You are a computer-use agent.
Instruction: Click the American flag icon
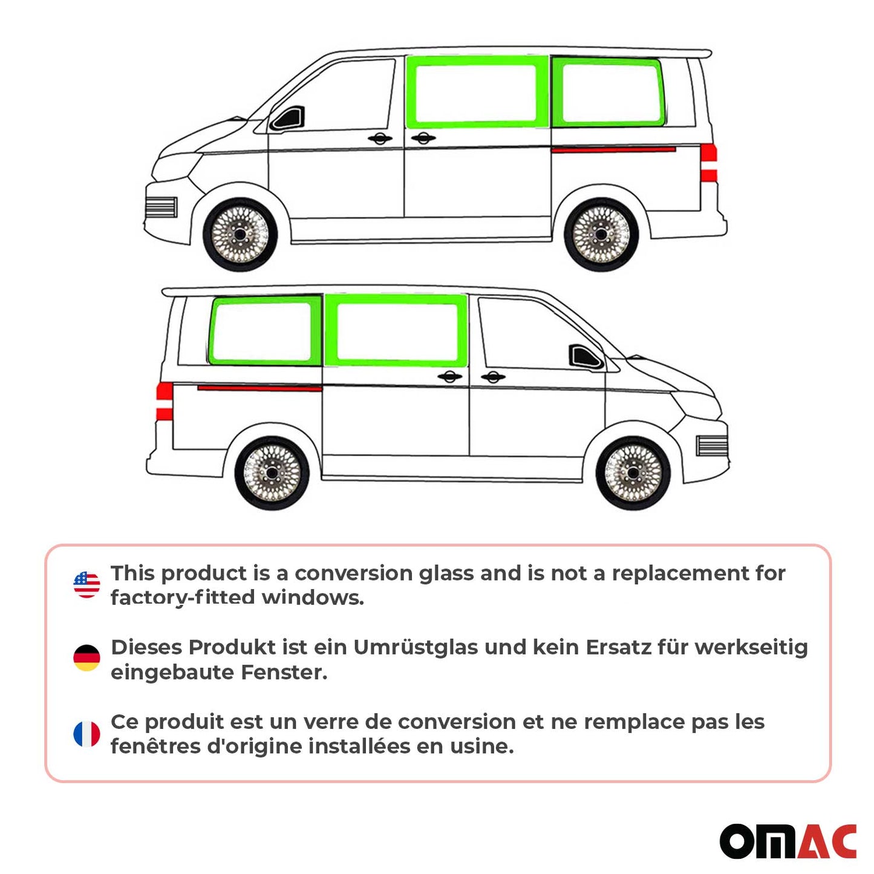point(86,585)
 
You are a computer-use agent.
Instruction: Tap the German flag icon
point(86,658)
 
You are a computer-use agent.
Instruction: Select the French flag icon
point(86,734)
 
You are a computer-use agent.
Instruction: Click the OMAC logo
point(788,841)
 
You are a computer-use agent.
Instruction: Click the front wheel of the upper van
point(240,235)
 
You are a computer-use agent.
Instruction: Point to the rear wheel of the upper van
point(601,235)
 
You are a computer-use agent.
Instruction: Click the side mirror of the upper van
point(289,119)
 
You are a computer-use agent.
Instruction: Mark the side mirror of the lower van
point(585,357)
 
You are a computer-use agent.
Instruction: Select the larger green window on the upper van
point(477,93)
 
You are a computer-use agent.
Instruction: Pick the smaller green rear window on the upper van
point(609,93)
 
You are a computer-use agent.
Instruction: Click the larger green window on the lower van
point(396,331)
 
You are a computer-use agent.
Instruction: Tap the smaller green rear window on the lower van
point(264,331)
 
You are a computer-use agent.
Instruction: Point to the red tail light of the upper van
point(708,163)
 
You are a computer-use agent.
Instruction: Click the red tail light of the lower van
point(165,401)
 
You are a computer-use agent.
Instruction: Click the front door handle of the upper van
point(379,139)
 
